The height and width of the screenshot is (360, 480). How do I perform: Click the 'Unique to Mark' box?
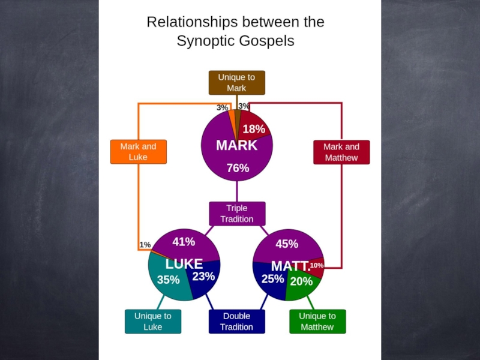(x=236, y=83)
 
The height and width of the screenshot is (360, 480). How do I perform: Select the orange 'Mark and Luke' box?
(x=138, y=152)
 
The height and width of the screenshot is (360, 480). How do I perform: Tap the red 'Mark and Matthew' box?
(x=341, y=152)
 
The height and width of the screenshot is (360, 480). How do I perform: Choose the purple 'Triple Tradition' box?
(x=236, y=214)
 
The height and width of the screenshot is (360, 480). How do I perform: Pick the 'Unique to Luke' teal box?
(x=152, y=322)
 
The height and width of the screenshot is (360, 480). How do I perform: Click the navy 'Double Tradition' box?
(x=236, y=322)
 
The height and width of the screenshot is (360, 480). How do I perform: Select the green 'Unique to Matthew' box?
(x=317, y=322)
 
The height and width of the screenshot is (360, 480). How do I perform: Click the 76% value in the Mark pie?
(x=238, y=169)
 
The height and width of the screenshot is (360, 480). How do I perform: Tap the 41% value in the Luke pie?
(x=184, y=242)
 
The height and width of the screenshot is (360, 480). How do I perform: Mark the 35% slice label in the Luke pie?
(x=168, y=280)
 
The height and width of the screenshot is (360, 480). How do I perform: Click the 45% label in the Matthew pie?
(x=287, y=244)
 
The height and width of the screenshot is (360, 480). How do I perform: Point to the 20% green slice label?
(x=301, y=281)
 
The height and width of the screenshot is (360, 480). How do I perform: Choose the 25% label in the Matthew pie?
(x=272, y=279)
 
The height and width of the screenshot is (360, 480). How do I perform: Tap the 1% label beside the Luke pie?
(x=145, y=245)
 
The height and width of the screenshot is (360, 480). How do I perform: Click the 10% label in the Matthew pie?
(x=317, y=265)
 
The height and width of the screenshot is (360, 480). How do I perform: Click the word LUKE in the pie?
(x=184, y=264)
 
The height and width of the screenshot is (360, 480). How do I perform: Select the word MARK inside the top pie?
(x=236, y=146)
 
